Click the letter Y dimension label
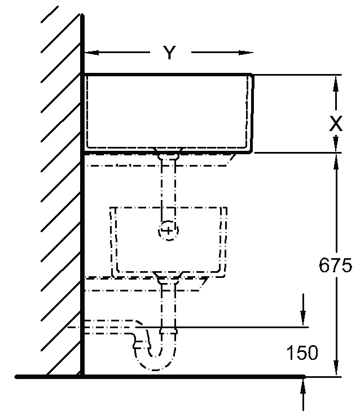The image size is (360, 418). (169, 53)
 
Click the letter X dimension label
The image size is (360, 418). (336, 124)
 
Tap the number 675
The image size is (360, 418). (335, 265)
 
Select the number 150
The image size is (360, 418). (302, 352)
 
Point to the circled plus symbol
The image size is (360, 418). (168, 230)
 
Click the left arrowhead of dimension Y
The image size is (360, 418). (91, 53)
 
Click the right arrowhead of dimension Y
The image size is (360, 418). (245, 53)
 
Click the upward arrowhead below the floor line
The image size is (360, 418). (303, 386)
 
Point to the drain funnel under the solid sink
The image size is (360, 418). (168, 154)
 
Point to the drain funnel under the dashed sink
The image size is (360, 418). (168, 278)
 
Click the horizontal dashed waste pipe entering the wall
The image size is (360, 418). (109, 327)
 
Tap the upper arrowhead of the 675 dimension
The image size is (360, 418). (336, 162)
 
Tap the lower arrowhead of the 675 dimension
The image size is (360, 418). (336, 368)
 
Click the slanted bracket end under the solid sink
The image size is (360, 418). (231, 160)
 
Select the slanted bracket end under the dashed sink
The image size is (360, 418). (204, 284)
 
